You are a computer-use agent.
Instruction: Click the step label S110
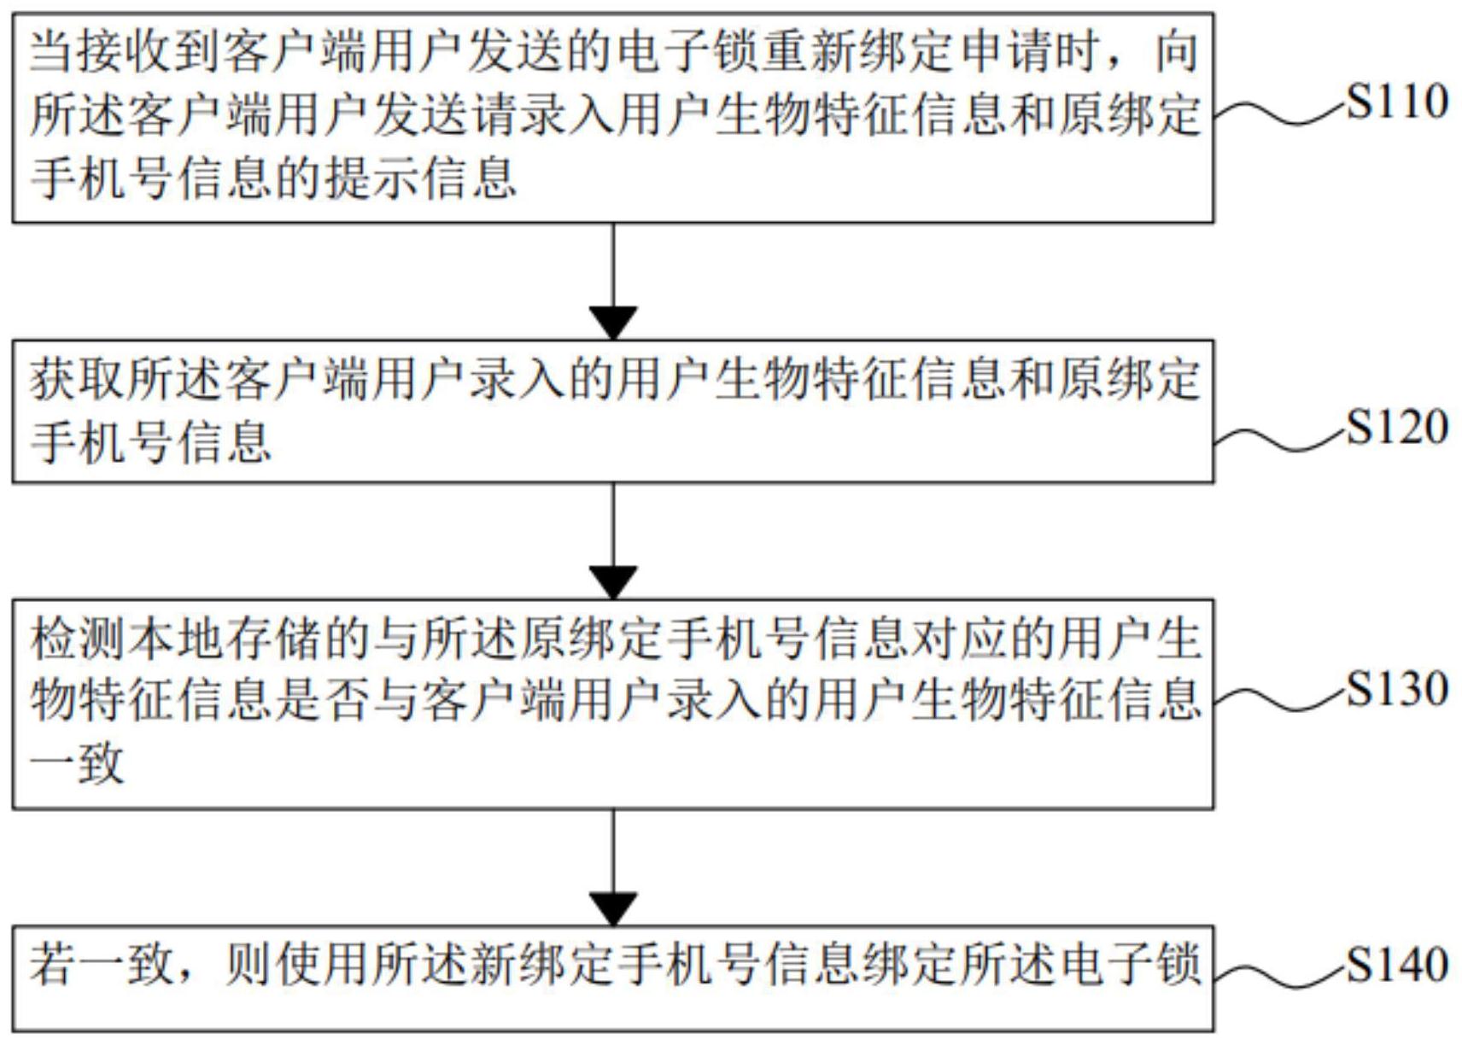[1397, 102]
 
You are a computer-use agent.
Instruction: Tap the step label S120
[1397, 429]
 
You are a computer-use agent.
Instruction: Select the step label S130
[1397, 689]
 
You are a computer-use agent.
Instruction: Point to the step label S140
[1397, 965]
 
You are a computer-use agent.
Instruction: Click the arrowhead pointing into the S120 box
[613, 323]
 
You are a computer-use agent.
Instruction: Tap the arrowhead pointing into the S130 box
[613, 582]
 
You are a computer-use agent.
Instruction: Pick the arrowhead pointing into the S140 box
[613, 908]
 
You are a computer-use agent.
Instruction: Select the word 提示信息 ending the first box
[420, 178]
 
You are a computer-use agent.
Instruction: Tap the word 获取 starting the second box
[78, 378]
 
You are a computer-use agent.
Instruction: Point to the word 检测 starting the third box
[78, 639]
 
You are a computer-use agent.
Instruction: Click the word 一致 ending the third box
[78, 762]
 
